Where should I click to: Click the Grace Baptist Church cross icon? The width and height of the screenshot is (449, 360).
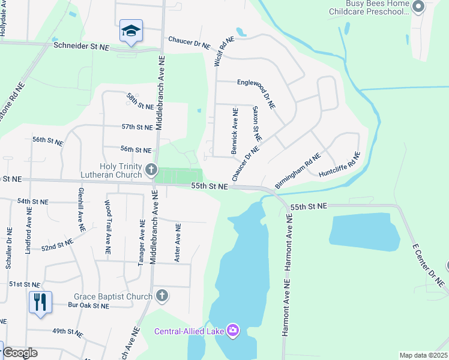click(x=161, y=295)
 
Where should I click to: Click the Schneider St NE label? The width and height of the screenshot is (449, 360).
click(x=81, y=46)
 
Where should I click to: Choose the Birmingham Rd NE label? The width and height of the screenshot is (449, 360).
click(x=298, y=170)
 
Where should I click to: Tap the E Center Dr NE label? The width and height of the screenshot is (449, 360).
click(x=426, y=263)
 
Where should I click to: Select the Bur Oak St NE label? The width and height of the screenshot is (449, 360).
click(x=88, y=305)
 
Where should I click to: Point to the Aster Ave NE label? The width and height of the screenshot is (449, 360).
click(x=177, y=243)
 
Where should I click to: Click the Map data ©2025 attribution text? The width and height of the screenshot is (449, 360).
click(x=423, y=355)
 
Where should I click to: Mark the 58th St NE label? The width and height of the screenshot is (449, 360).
click(x=140, y=101)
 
